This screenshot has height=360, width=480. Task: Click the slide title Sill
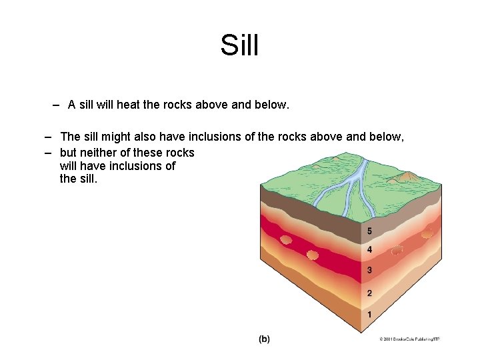click(239, 46)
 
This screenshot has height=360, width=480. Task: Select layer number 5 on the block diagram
click(369, 231)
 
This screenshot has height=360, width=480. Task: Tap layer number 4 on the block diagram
click(369, 250)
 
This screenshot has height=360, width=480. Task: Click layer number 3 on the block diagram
click(369, 271)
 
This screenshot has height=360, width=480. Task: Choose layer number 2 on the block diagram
click(369, 293)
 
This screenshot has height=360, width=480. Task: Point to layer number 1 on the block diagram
click(369, 314)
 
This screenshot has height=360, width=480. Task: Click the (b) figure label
click(264, 339)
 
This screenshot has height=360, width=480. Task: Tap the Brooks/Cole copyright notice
click(409, 339)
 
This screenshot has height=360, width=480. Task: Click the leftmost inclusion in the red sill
click(286, 239)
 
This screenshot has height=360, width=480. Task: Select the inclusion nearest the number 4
click(397, 251)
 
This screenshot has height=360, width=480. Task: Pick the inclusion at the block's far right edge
click(427, 234)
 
